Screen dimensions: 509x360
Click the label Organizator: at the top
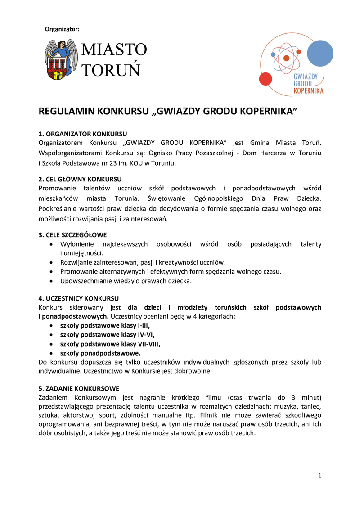click(x=62, y=29)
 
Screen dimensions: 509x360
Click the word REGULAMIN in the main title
click(x=67, y=111)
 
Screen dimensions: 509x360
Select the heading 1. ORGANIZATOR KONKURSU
click(x=83, y=134)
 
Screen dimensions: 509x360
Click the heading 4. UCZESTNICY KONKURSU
click(x=79, y=298)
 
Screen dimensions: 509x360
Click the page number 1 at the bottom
click(x=319, y=476)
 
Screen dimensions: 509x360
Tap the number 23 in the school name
click(x=119, y=162)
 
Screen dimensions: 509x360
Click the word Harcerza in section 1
click(x=271, y=153)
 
